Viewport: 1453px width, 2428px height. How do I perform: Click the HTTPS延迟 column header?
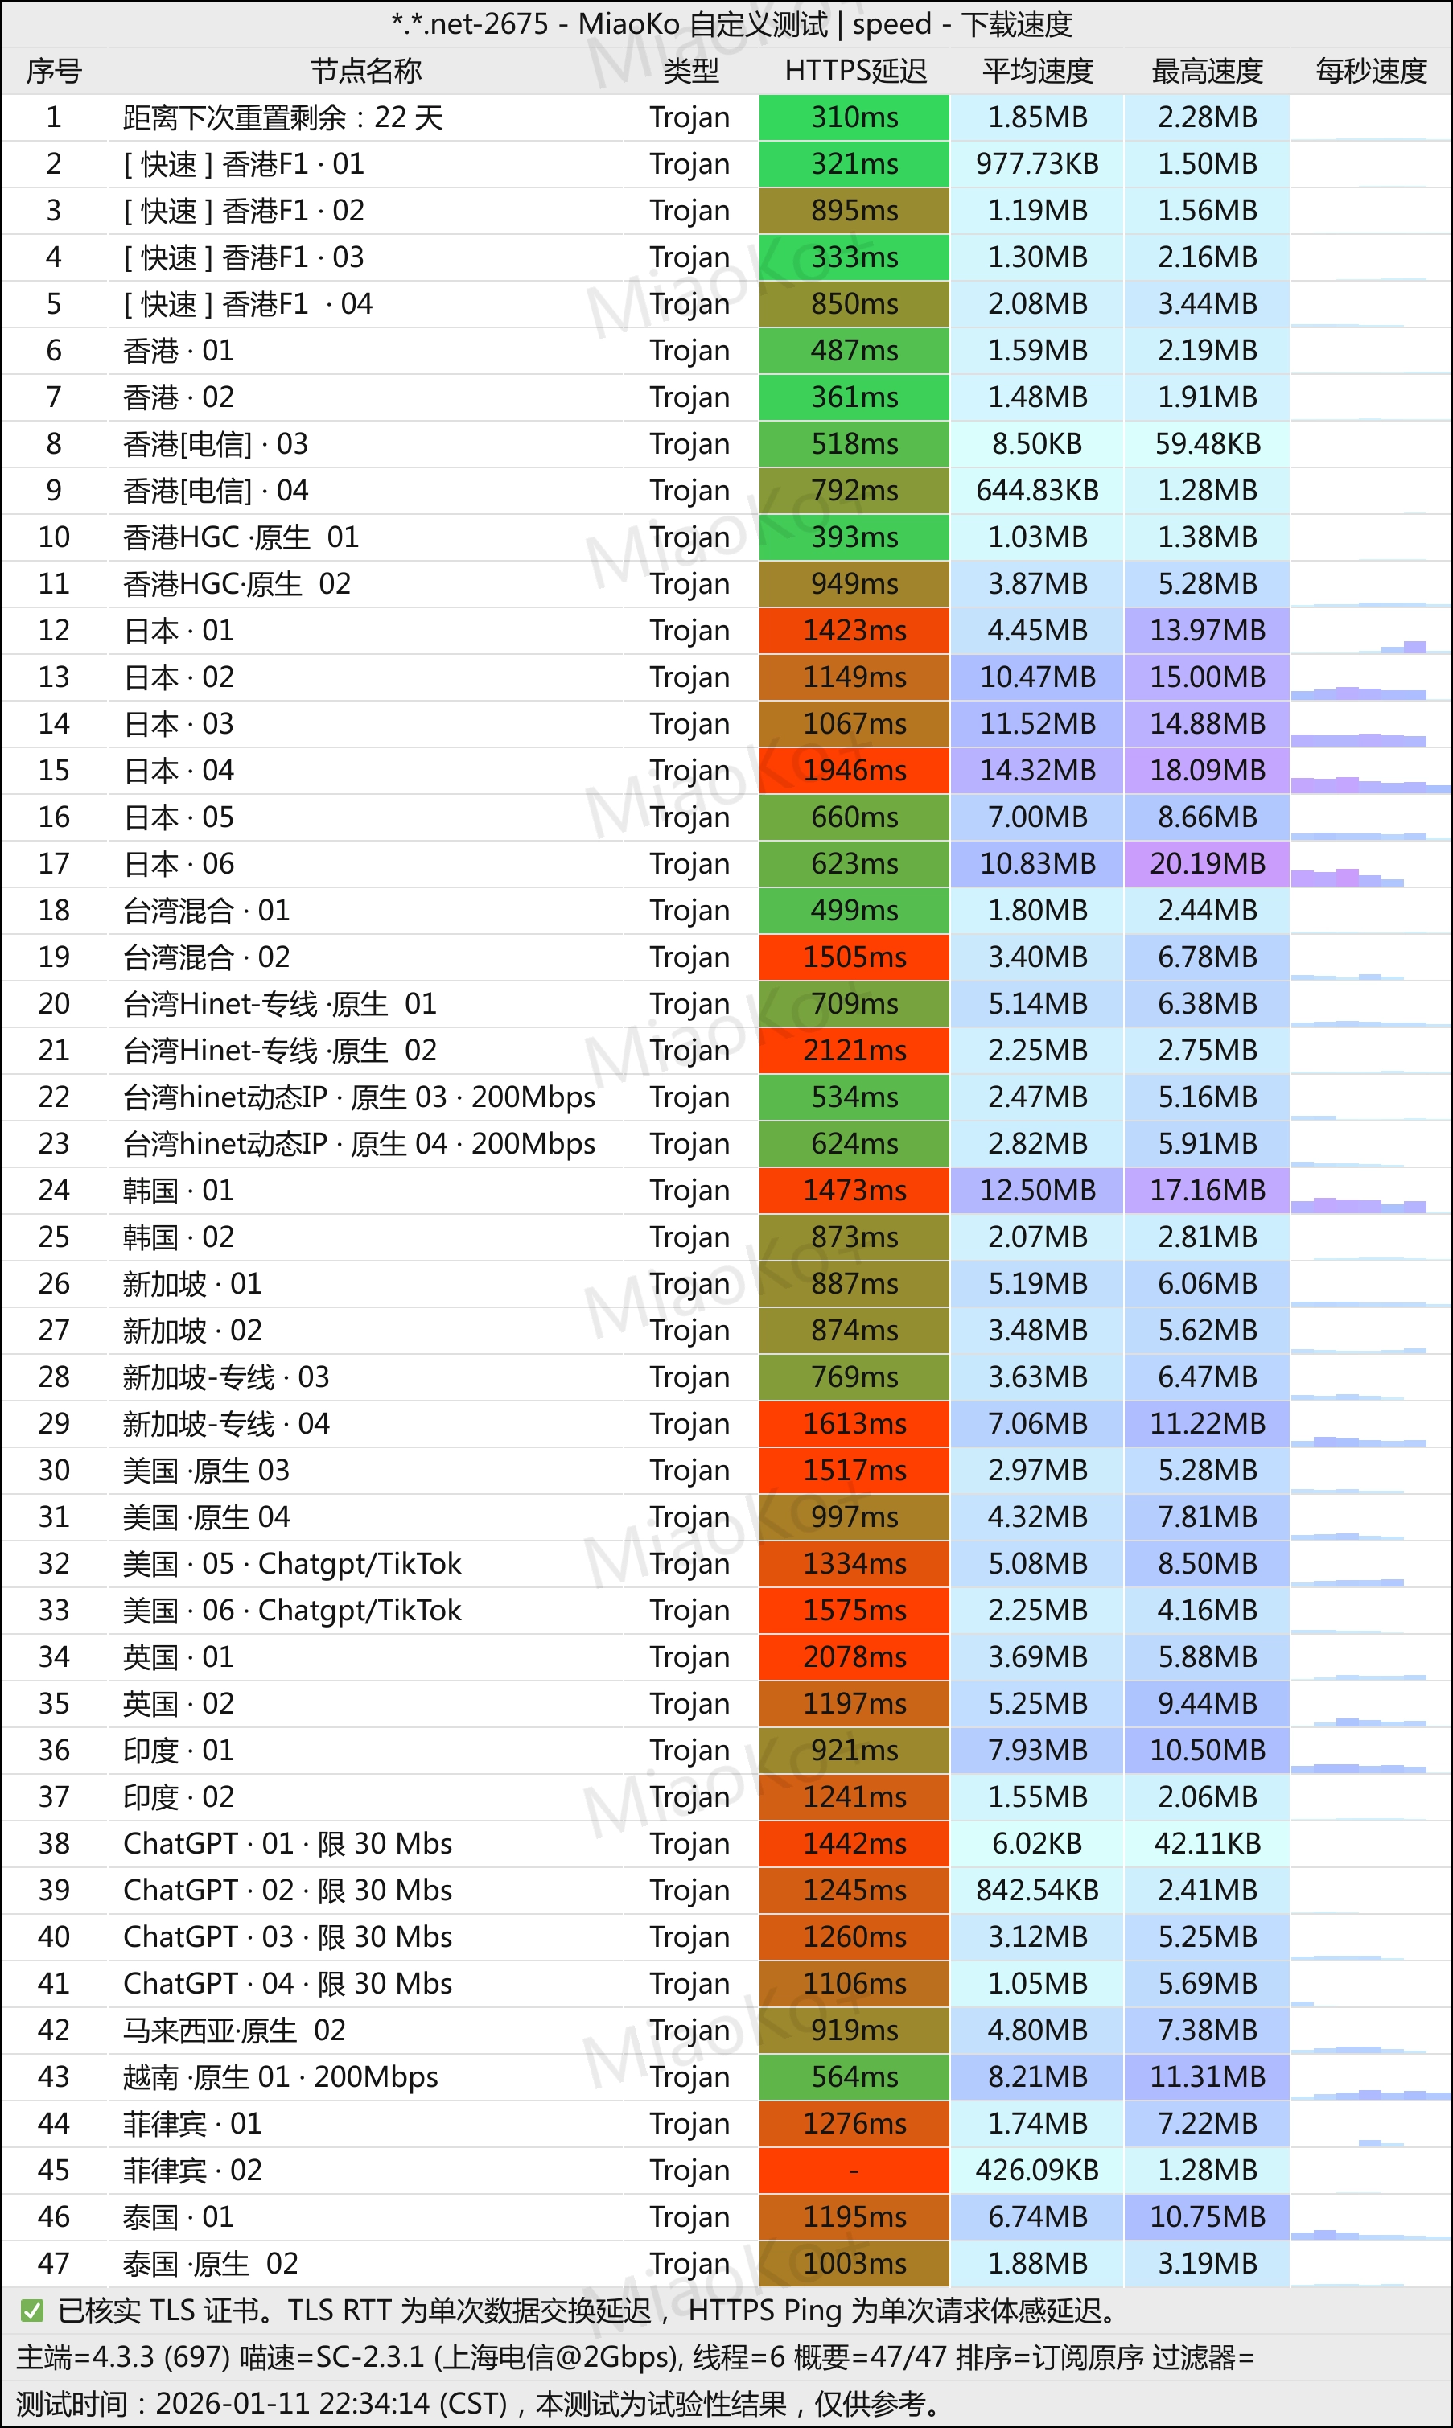coord(854,72)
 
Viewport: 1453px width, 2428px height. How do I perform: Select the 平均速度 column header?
coord(1037,72)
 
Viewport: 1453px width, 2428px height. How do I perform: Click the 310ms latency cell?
coord(854,117)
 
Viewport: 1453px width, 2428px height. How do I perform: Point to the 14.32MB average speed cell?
coord(1037,771)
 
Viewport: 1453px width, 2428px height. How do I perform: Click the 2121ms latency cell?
coord(854,1051)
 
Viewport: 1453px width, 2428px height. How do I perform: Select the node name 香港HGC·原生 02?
coord(237,585)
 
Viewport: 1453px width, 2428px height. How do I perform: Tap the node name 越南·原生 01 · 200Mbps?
coord(280,2076)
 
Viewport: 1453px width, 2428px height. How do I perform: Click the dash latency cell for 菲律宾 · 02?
coord(854,2171)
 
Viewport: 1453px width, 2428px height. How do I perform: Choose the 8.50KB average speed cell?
coord(1037,444)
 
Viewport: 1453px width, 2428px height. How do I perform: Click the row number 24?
coord(54,1191)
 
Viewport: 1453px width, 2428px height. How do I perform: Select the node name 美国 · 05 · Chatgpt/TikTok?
coord(292,1563)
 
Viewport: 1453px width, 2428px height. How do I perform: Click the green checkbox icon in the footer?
coord(32,2311)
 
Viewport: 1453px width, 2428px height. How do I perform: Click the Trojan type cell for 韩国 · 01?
coord(689,1191)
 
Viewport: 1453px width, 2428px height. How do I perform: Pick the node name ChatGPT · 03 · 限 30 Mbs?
coord(288,1936)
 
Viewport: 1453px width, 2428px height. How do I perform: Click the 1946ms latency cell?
coord(854,771)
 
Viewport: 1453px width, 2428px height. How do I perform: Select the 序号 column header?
coord(54,72)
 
